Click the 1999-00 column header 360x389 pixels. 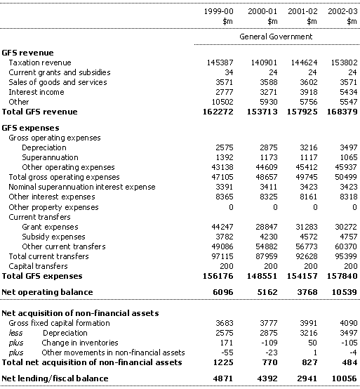click(x=218, y=11)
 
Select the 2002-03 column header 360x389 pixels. click(x=342, y=11)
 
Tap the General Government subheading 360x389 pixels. click(x=276, y=37)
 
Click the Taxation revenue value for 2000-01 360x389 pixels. click(x=264, y=62)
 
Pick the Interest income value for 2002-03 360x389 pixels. click(x=348, y=92)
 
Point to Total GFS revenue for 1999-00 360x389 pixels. click(x=218, y=112)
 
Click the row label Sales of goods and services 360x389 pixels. click(x=58, y=82)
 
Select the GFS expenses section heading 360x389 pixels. click(x=30, y=128)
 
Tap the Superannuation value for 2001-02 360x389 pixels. click(x=309, y=157)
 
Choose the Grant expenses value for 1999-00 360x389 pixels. click(x=222, y=227)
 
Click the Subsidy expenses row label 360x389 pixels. click(x=53, y=237)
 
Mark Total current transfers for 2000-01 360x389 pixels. click(x=267, y=256)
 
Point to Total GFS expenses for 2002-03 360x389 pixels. click(x=342, y=276)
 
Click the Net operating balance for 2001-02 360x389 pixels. click(x=307, y=292)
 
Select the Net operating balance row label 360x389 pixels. click(x=47, y=292)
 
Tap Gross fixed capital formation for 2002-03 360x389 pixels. click(x=348, y=323)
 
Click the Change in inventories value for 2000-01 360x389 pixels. click(x=269, y=343)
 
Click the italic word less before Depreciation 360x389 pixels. click(x=15, y=333)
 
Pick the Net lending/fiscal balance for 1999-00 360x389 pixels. click(x=223, y=378)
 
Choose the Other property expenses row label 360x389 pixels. click(x=53, y=207)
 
